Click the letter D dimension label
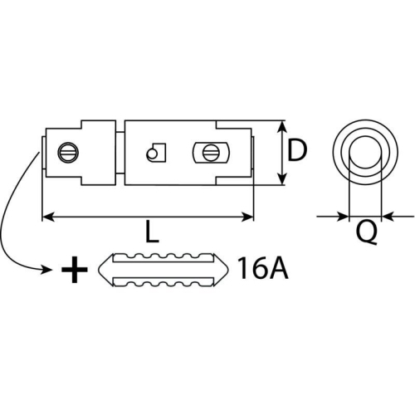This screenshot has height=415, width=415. (297, 150)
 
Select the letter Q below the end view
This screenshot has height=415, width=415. (366, 234)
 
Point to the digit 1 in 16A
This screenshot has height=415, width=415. (242, 269)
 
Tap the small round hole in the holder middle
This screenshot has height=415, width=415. (151, 154)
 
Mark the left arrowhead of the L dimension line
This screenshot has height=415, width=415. (46, 217)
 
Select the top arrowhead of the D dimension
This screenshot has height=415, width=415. (284, 127)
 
